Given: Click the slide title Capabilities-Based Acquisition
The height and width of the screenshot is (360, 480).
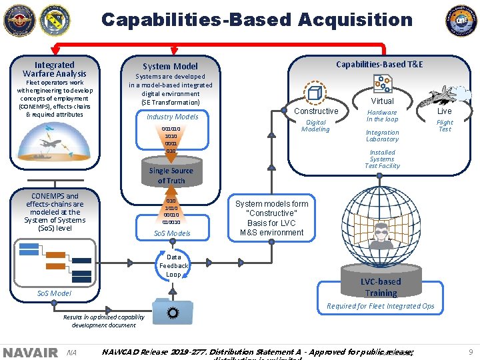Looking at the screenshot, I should coord(257,20).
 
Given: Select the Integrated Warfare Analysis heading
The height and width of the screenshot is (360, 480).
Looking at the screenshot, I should coord(55,69).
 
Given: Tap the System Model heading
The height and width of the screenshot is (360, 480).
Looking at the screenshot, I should coord(170,66).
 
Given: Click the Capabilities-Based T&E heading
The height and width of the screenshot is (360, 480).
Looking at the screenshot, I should coord(379,64).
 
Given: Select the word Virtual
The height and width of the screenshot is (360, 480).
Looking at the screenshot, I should coord(383,101).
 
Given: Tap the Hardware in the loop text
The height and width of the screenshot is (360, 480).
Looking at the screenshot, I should coord(382,116).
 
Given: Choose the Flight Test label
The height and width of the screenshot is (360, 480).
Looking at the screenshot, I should coord(445,126).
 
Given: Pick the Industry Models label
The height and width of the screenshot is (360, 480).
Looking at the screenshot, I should coord(172,117).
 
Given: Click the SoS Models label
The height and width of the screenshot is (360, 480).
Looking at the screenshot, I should coord(172,233).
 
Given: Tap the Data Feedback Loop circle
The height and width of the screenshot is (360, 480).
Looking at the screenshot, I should coord(173,265).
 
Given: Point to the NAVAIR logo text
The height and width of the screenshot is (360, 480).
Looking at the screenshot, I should coord(30,352).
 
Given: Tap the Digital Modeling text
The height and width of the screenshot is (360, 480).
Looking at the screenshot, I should coord(315,126).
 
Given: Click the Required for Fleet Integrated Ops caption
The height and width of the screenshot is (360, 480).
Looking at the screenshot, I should coord(380,307).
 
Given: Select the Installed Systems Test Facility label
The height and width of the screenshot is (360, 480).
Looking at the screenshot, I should coord(382,159).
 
